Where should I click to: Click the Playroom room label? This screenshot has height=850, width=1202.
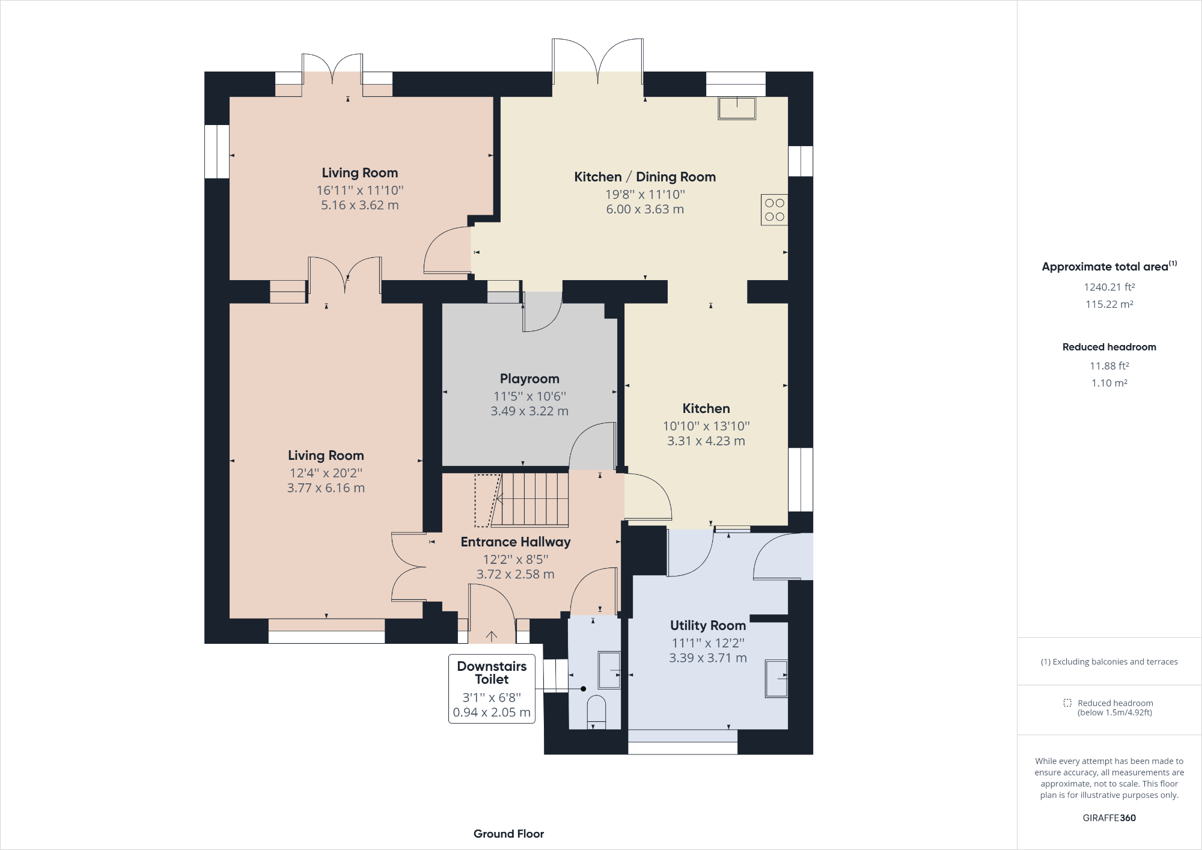(x=529, y=379)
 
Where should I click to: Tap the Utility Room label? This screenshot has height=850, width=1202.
(x=708, y=625)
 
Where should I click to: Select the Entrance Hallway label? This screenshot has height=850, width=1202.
(x=516, y=542)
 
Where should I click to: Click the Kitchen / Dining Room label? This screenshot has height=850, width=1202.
(x=645, y=177)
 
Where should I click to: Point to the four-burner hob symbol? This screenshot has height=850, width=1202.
(x=774, y=210)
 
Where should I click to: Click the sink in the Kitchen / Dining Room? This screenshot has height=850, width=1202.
(x=737, y=108)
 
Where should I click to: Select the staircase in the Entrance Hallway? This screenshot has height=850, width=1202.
(x=529, y=500)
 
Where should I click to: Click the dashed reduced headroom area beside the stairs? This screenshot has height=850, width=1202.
(x=487, y=500)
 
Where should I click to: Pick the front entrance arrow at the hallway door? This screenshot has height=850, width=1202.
(x=492, y=635)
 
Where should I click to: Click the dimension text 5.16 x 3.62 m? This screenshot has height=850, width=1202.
(x=360, y=205)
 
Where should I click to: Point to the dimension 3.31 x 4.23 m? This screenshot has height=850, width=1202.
(x=706, y=441)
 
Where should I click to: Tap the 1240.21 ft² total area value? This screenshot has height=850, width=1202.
(x=1109, y=287)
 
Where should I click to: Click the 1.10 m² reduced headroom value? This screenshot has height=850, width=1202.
(x=1109, y=383)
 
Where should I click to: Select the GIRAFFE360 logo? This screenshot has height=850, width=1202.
(x=1109, y=818)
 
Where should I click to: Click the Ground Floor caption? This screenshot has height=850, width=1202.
(x=508, y=834)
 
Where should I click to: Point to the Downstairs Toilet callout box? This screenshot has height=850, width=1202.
(x=492, y=689)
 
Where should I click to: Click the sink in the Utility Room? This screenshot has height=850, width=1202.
(x=776, y=679)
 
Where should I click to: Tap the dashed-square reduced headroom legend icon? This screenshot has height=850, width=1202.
(x=1067, y=703)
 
